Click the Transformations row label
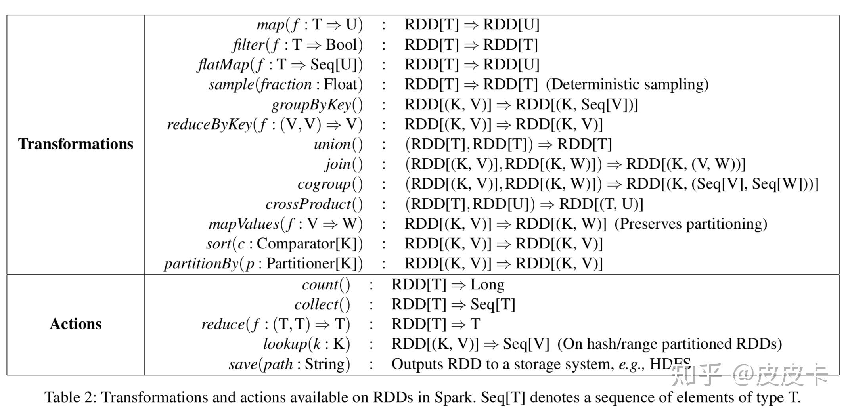pos(75,144)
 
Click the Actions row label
pos(75,324)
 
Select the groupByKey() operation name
pos(317,105)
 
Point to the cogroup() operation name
pos(330,184)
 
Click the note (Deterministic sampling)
pos(627,84)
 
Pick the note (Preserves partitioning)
pos(691,224)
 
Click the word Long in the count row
pos(487,285)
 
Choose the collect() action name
pos(322,304)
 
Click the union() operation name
pos(338,144)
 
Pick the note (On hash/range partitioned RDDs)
pos(669,344)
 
